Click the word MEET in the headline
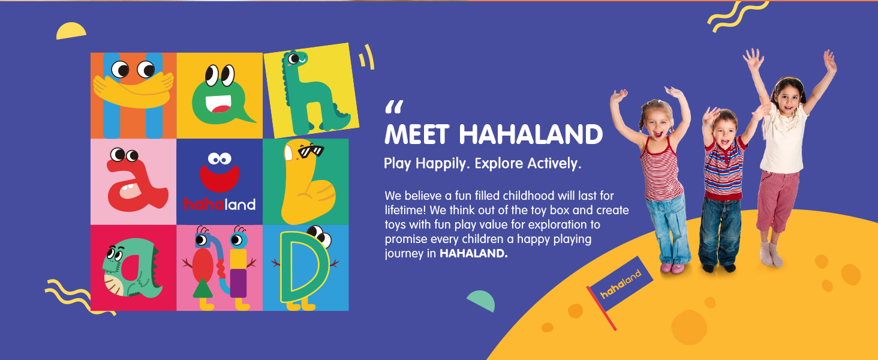coord(417,134)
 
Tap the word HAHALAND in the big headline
coord(531,134)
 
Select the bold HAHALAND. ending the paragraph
coord(474,253)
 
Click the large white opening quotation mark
coord(394,107)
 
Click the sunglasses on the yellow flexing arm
coord(311,151)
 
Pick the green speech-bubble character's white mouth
coord(218,104)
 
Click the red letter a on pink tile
coord(135,184)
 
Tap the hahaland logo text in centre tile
coord(220,204)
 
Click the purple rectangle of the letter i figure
coord(238,283)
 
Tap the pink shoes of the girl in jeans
coord(672,268)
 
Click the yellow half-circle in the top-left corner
coord(71,31)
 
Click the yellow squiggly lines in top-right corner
coord(738,16)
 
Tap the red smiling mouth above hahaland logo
coord(220,178)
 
